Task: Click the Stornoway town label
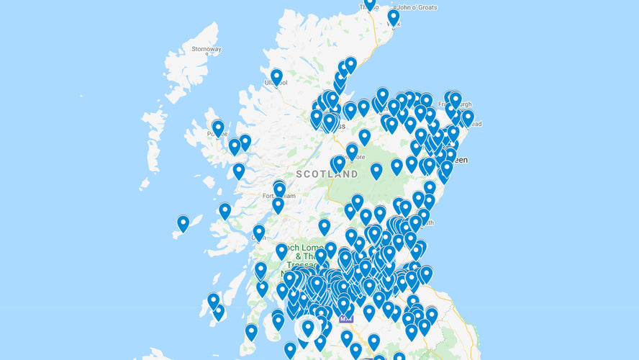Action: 207,49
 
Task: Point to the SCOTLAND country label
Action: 327,174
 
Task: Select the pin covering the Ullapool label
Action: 276,76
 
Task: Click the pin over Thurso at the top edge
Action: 370,4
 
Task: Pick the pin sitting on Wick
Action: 394,17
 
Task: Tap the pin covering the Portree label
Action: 218,127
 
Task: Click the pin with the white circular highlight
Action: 308,328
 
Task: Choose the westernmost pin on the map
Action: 183,222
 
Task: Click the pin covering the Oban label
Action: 259,232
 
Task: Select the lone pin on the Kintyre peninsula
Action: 251,331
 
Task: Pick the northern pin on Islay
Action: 213,300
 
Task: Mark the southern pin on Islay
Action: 218,311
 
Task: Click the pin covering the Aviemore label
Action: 352,150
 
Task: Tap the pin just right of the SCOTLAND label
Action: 376,170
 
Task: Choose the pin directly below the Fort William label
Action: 278,204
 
